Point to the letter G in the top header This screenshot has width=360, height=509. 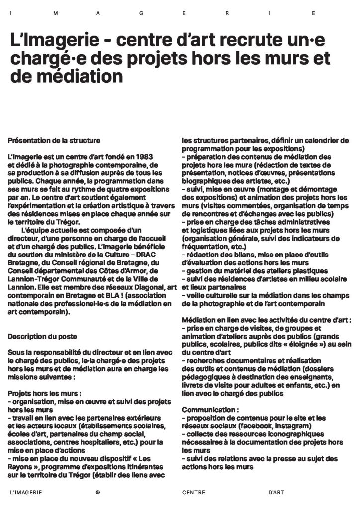(141, 14)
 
